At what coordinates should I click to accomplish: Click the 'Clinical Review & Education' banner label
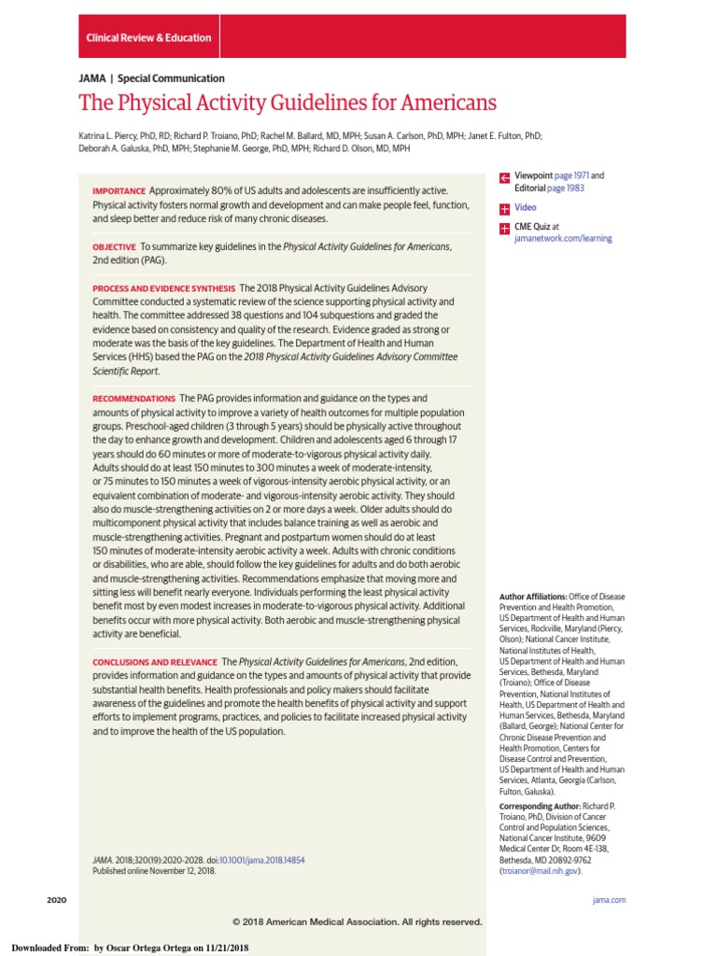[x=148, y=38]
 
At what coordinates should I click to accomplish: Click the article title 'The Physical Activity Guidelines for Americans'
[x=288, y=103]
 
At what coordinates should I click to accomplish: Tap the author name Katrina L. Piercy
[x=110, y=135]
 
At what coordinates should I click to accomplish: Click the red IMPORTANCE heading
[x=119, y=190]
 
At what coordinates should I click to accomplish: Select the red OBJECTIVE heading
[x=114, y=246]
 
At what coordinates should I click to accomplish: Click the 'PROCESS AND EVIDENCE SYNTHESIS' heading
[x=163, y=288]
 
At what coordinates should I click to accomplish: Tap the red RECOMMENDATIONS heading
[x=134, y=399]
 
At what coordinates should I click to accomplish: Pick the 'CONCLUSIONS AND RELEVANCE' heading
[x=154, y=662]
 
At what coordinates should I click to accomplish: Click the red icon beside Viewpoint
[x=504, y=176]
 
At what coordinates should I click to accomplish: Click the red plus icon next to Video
[x=504, y=207]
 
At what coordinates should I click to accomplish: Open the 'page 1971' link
[x=571, y=176]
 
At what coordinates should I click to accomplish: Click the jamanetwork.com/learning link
[x=563, y=238]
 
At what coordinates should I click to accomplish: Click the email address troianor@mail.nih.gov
[x=540, y=870]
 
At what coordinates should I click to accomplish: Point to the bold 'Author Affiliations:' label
[x=533, y=597]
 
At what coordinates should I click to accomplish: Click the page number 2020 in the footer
[x=57, y=899]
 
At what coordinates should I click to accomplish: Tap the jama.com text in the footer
[x=609, y=899]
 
